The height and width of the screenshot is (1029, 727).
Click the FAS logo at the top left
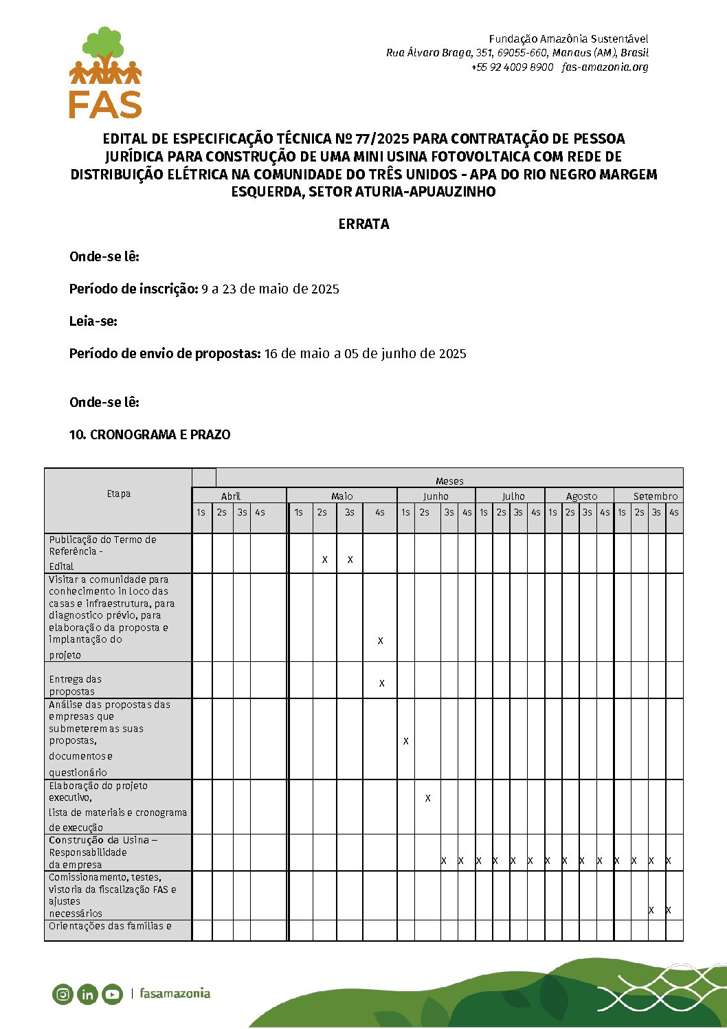[x=105, y=73]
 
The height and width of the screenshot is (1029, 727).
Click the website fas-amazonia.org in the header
[x=605, y=67]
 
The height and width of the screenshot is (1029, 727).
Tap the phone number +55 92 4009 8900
[x=512, y=67]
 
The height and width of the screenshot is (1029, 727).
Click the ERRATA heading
[x=363, y=224]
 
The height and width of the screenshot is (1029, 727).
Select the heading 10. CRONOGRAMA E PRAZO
[x=150, y=434]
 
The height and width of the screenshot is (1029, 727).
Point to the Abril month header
[x=231, y=496]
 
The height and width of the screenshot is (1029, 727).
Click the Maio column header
[x=342, y=496]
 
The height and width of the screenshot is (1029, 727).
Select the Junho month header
[x=436, y=496]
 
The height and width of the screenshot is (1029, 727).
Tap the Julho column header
[x=513, y=496]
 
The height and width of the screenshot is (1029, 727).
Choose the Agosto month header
[x=581, y=496]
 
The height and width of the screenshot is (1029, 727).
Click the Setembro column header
[x=655, y=496]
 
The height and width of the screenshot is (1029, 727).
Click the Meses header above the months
[x=449, y=481]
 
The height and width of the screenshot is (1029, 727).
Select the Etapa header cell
[x=118, y=494]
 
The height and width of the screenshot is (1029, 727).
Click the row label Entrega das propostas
[x=75, y=685]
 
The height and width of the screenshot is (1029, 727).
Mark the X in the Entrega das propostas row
[x=381, y=683]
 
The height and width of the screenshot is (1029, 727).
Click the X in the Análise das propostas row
[x=406, y=741]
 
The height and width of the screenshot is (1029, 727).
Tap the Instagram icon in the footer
[x=63, y=994]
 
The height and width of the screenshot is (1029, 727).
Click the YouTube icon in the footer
[x=112, y=994]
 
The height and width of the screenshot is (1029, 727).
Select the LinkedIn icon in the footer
[x=87, y=994]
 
